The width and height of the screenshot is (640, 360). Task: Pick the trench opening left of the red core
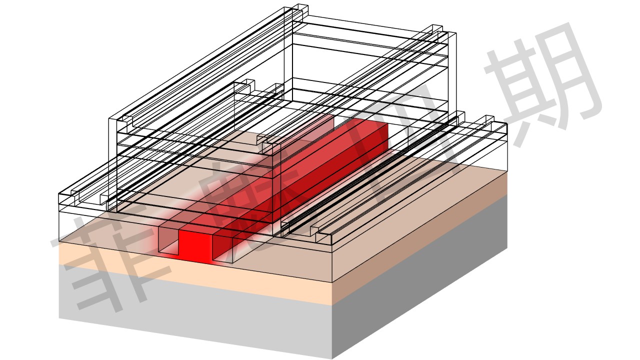coord(168,240)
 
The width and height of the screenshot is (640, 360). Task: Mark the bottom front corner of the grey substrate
coord(332,358)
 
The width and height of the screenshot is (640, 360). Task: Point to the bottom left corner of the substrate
coord(59,318)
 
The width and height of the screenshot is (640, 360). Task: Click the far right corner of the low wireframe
coord(507,123)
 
